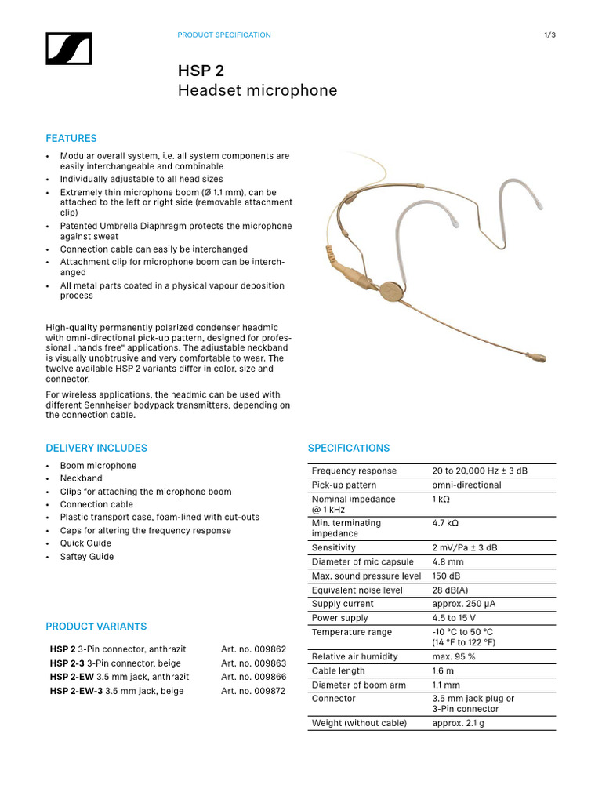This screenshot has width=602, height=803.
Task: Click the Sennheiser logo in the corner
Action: coord(69,49)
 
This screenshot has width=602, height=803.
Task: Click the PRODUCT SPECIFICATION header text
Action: coord(224,35)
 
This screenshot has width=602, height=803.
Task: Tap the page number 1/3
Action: coord(549,35)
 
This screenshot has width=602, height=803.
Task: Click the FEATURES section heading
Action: coord(71,139)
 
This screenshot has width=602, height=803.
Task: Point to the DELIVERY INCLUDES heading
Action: coord(96,449)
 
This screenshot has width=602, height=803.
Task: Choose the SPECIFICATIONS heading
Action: coord(348,449)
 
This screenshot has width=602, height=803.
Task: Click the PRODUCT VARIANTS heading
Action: coord(96,627)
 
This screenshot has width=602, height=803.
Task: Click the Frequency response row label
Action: coord(354,471)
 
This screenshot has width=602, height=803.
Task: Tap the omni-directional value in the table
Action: coord(466,485)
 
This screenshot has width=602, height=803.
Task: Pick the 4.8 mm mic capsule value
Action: coord(448,562)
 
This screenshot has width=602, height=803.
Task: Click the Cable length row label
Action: coord(338,671)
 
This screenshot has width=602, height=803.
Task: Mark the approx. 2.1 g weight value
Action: coord(458,723)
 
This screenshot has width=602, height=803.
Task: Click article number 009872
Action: coord(253,691)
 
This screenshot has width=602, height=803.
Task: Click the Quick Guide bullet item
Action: coord(85,543)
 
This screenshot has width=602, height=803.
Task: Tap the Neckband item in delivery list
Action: coord(82,478)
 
